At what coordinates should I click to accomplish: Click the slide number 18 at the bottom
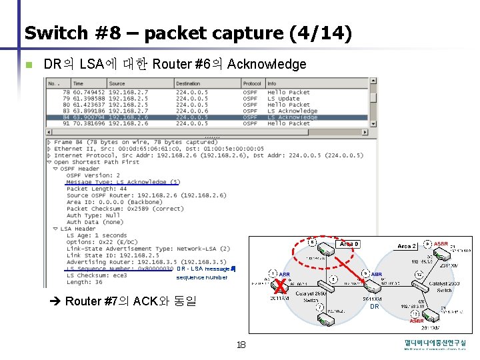241,345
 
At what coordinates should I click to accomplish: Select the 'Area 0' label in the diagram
349,244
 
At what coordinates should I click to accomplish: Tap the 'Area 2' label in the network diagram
407,247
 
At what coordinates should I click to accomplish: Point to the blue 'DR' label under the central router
374,307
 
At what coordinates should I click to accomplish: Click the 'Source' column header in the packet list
117,83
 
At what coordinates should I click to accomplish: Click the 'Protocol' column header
253,83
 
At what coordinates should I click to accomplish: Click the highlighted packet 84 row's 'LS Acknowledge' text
292,117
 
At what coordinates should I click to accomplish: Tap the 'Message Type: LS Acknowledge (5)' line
123,182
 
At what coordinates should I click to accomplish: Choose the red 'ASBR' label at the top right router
441,244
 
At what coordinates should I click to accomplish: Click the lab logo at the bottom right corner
435,345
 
